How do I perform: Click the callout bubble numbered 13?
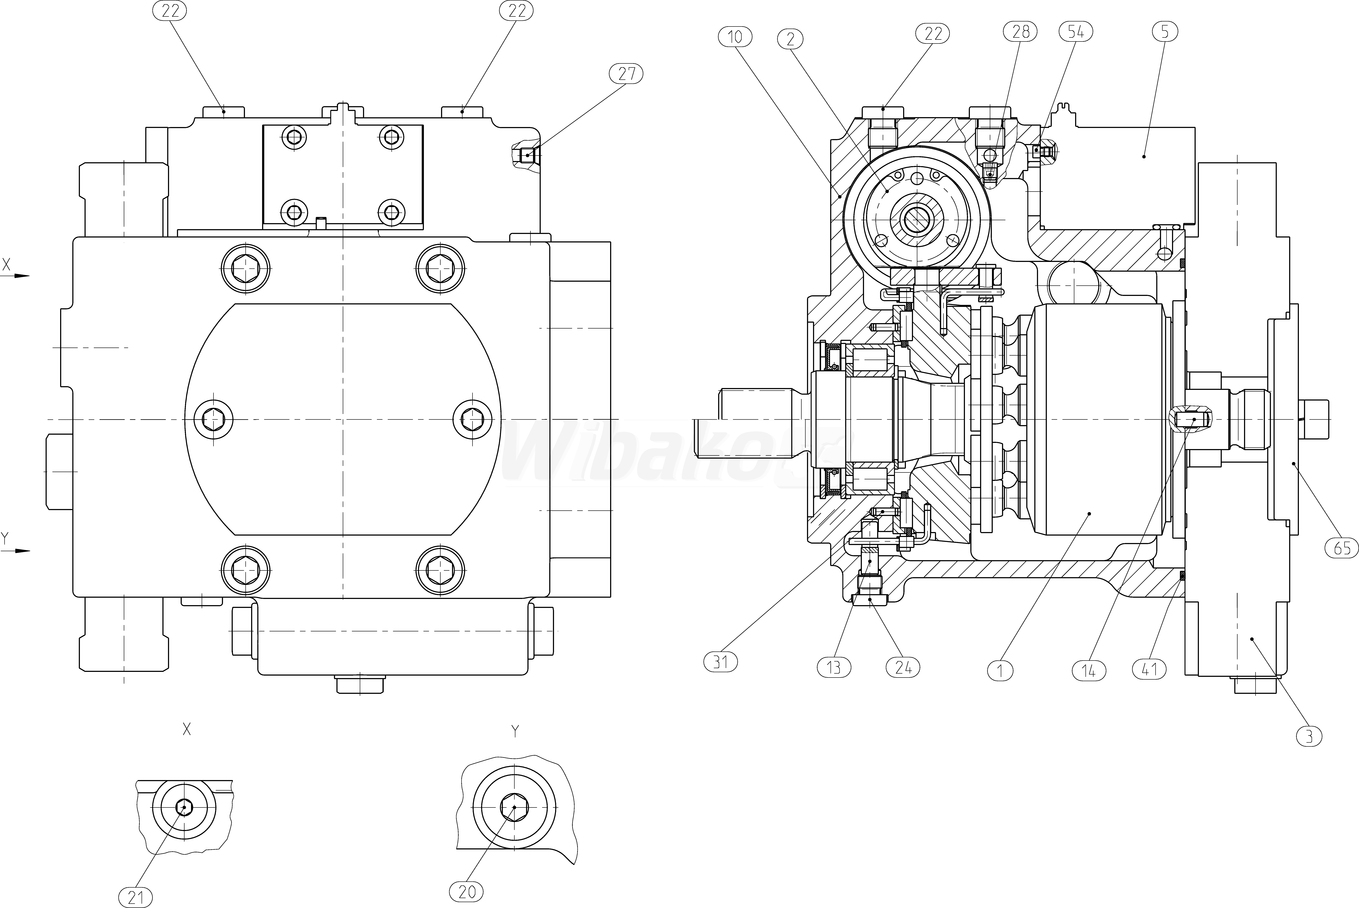pyautogui.click(x=834, y=668)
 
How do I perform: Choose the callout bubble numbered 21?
pyautogui.click(x=136, y=898)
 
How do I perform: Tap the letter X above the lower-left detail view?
pyautogui.click(x=187, y=730)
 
